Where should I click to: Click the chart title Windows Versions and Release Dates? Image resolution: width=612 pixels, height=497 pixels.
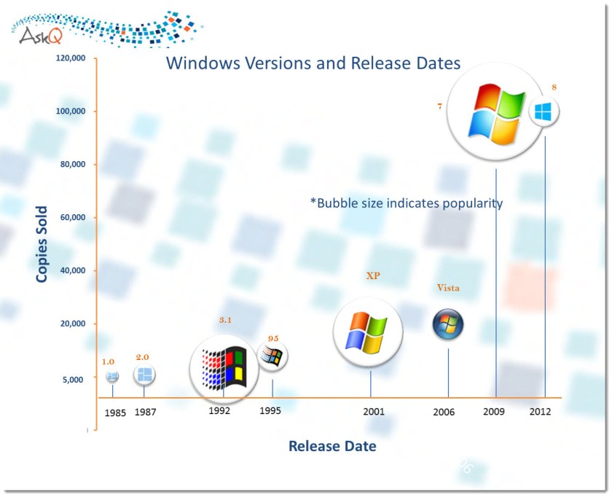coord(313,63)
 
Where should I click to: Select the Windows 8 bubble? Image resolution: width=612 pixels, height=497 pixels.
coord(544,111)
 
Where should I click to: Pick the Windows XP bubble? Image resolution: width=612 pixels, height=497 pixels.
coord(368,332)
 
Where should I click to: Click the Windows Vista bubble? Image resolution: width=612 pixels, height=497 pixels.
coord(447,325)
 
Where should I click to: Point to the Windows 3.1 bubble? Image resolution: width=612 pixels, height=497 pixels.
coord(224,368)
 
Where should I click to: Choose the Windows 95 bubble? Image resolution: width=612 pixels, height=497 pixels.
coord(272,356)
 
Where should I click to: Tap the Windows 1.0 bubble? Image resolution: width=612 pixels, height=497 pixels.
coord(112,376)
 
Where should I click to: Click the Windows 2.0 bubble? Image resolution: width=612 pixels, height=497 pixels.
coord(144,375)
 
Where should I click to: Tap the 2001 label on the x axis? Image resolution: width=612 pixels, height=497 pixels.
coord(374,412)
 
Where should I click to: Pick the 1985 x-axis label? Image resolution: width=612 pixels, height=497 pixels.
coord(115,412)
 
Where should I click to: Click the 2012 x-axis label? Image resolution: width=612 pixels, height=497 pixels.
coord(540,411)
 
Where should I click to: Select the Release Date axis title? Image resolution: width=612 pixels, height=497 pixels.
coord(332,446)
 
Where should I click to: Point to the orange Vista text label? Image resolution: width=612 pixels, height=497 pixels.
coord(448,288)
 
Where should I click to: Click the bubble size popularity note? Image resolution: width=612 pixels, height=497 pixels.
coord(406,203)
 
